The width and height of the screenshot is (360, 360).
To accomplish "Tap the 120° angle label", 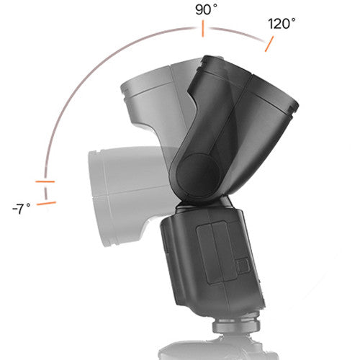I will pyautogui.click(x=282, y=23).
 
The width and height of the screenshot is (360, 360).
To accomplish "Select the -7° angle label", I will pyautogui.click(x=22, y=209).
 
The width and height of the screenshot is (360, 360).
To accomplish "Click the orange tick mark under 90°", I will pyautogui.click(x=204, y=29).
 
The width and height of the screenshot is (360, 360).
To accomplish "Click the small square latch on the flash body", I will pyautogui.click(x=243, y=265).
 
